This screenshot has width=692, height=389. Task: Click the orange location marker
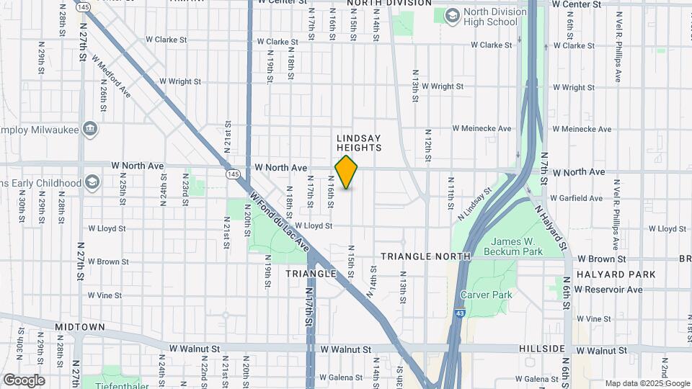coord(346,172)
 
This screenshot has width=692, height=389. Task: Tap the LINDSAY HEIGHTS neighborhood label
coord(358,142)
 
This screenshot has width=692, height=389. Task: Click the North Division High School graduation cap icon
coord(452,16)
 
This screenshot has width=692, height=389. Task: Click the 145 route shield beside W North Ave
coord(232,174)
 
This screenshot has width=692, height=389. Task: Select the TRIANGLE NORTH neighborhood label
coord(425,256)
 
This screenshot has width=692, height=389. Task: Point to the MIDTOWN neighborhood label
coord(80,327)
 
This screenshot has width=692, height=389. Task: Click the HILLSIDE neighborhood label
coord(541,349)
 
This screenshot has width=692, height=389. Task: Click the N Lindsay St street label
coord(475,204)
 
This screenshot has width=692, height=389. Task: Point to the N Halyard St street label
coord(551,225)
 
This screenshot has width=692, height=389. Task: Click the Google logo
coord(24,380)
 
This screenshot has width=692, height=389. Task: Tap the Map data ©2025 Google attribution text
coord(646,383)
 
